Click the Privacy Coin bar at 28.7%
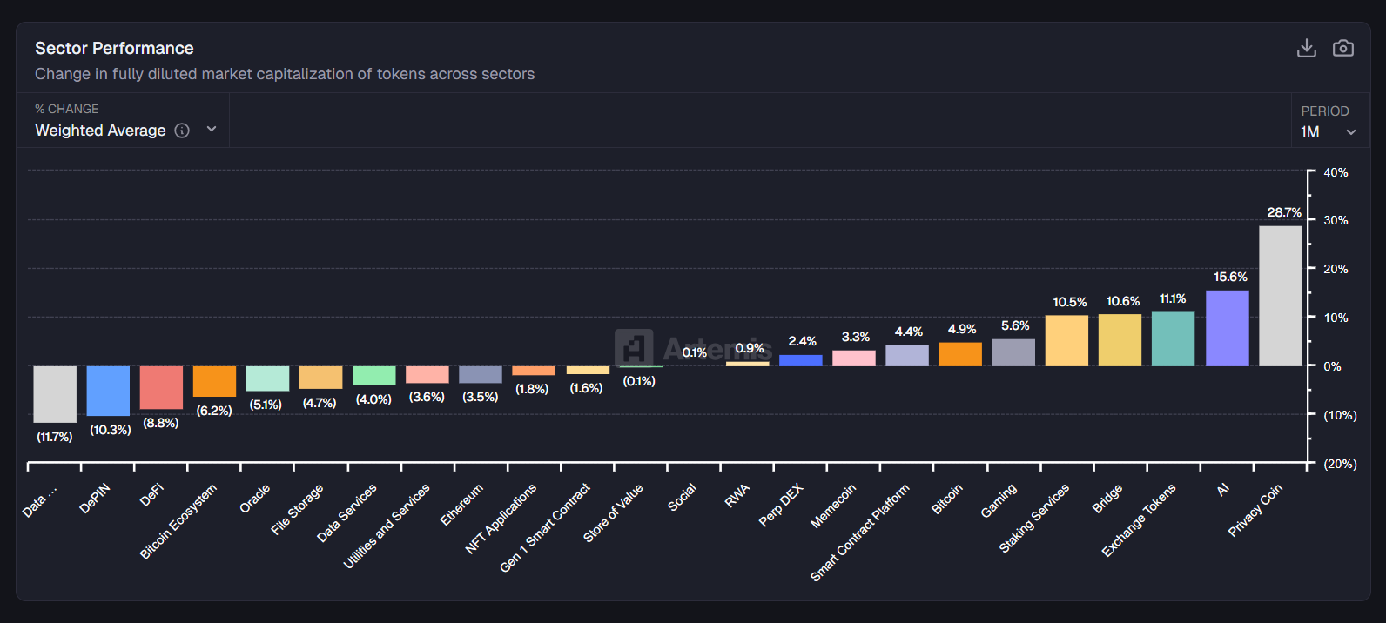click(1281, 296)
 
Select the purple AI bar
click(1228, 328)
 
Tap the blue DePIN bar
click(108, 391)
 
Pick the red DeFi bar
click(161, 387)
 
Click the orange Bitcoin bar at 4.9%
click(960, 354)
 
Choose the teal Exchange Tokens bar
click(1173, 339)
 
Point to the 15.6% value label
click(1230, 277)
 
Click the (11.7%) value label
click(55, 437)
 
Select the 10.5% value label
click(1069, 302)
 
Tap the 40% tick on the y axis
click(1336, 172)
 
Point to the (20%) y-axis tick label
click(1340, 464)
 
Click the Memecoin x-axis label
click(833, 506)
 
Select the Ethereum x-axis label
click(461, 505)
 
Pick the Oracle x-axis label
click(255, 499)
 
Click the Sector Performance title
click(114, 48)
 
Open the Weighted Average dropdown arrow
click(211, 130)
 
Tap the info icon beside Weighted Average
click(182, 131)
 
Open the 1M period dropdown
click(1328, 131)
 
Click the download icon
click(1306, 48)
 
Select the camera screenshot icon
click(1343, 48)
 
